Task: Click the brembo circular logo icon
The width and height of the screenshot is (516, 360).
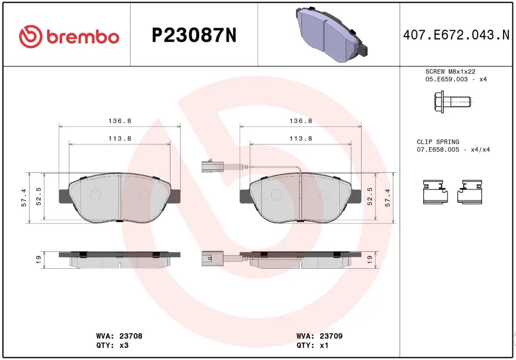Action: click(x=30, y=36)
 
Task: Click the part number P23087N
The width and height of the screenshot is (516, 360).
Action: click(x=194, y=35)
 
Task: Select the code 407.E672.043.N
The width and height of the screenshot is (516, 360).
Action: click(x=456, y=35)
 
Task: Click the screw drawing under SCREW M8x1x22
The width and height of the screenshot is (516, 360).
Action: click(x=453, y=102)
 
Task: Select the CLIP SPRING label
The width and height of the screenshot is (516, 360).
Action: click(x=438, y=142)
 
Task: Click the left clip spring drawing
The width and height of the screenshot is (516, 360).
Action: click(x=436, y=192)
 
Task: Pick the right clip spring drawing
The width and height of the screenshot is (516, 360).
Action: click(x=470, y=192)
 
